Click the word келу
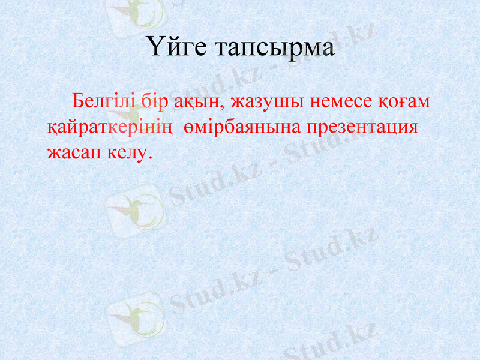coord(124,153)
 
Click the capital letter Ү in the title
coord(153,47)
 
